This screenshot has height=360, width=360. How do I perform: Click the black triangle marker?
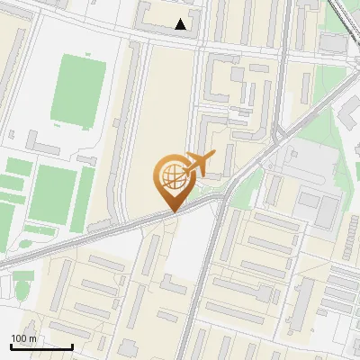[181, 24]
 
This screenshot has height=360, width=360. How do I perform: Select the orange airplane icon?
[202, 165]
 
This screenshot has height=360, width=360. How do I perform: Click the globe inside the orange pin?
[171, 173]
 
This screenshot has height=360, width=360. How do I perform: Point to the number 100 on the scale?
[19, 338]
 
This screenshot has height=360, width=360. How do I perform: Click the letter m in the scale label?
[32, 338]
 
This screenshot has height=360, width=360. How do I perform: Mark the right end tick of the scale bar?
[73, 346]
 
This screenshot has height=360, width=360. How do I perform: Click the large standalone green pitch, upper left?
[79, 90]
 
